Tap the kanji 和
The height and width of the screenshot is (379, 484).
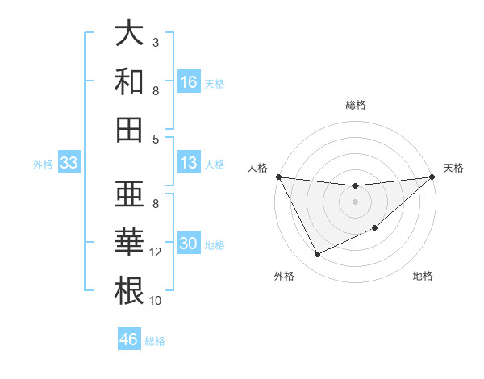coord(130,81)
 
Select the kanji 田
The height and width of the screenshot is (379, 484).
coord(130,128)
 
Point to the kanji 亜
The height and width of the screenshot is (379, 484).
coord(130,194)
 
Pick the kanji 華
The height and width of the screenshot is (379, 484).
coord(130,241)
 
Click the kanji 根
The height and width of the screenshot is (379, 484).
coord(130,289)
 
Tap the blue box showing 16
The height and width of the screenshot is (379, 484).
coord(189,81)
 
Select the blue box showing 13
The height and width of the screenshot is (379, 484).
coord(189,163)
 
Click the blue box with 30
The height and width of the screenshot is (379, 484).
coord(189,244)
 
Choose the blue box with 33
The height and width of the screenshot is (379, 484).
coord(69,163)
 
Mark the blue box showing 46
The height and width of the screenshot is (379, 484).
coord(128,339)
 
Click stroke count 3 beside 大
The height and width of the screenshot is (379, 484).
coord(156,42)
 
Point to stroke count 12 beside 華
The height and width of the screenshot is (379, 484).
coord(156,252)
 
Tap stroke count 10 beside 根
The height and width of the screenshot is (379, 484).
coord(156,300)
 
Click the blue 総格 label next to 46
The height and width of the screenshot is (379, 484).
coord(155,341)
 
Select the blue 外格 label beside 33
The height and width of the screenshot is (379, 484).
coord(43,165)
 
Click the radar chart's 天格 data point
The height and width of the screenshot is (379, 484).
coord(432,177)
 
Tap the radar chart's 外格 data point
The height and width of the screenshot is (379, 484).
coord(317,255)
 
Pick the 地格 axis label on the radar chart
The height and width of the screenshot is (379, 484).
coord(423,277)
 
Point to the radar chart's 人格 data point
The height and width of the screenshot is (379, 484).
coord(278,177)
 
